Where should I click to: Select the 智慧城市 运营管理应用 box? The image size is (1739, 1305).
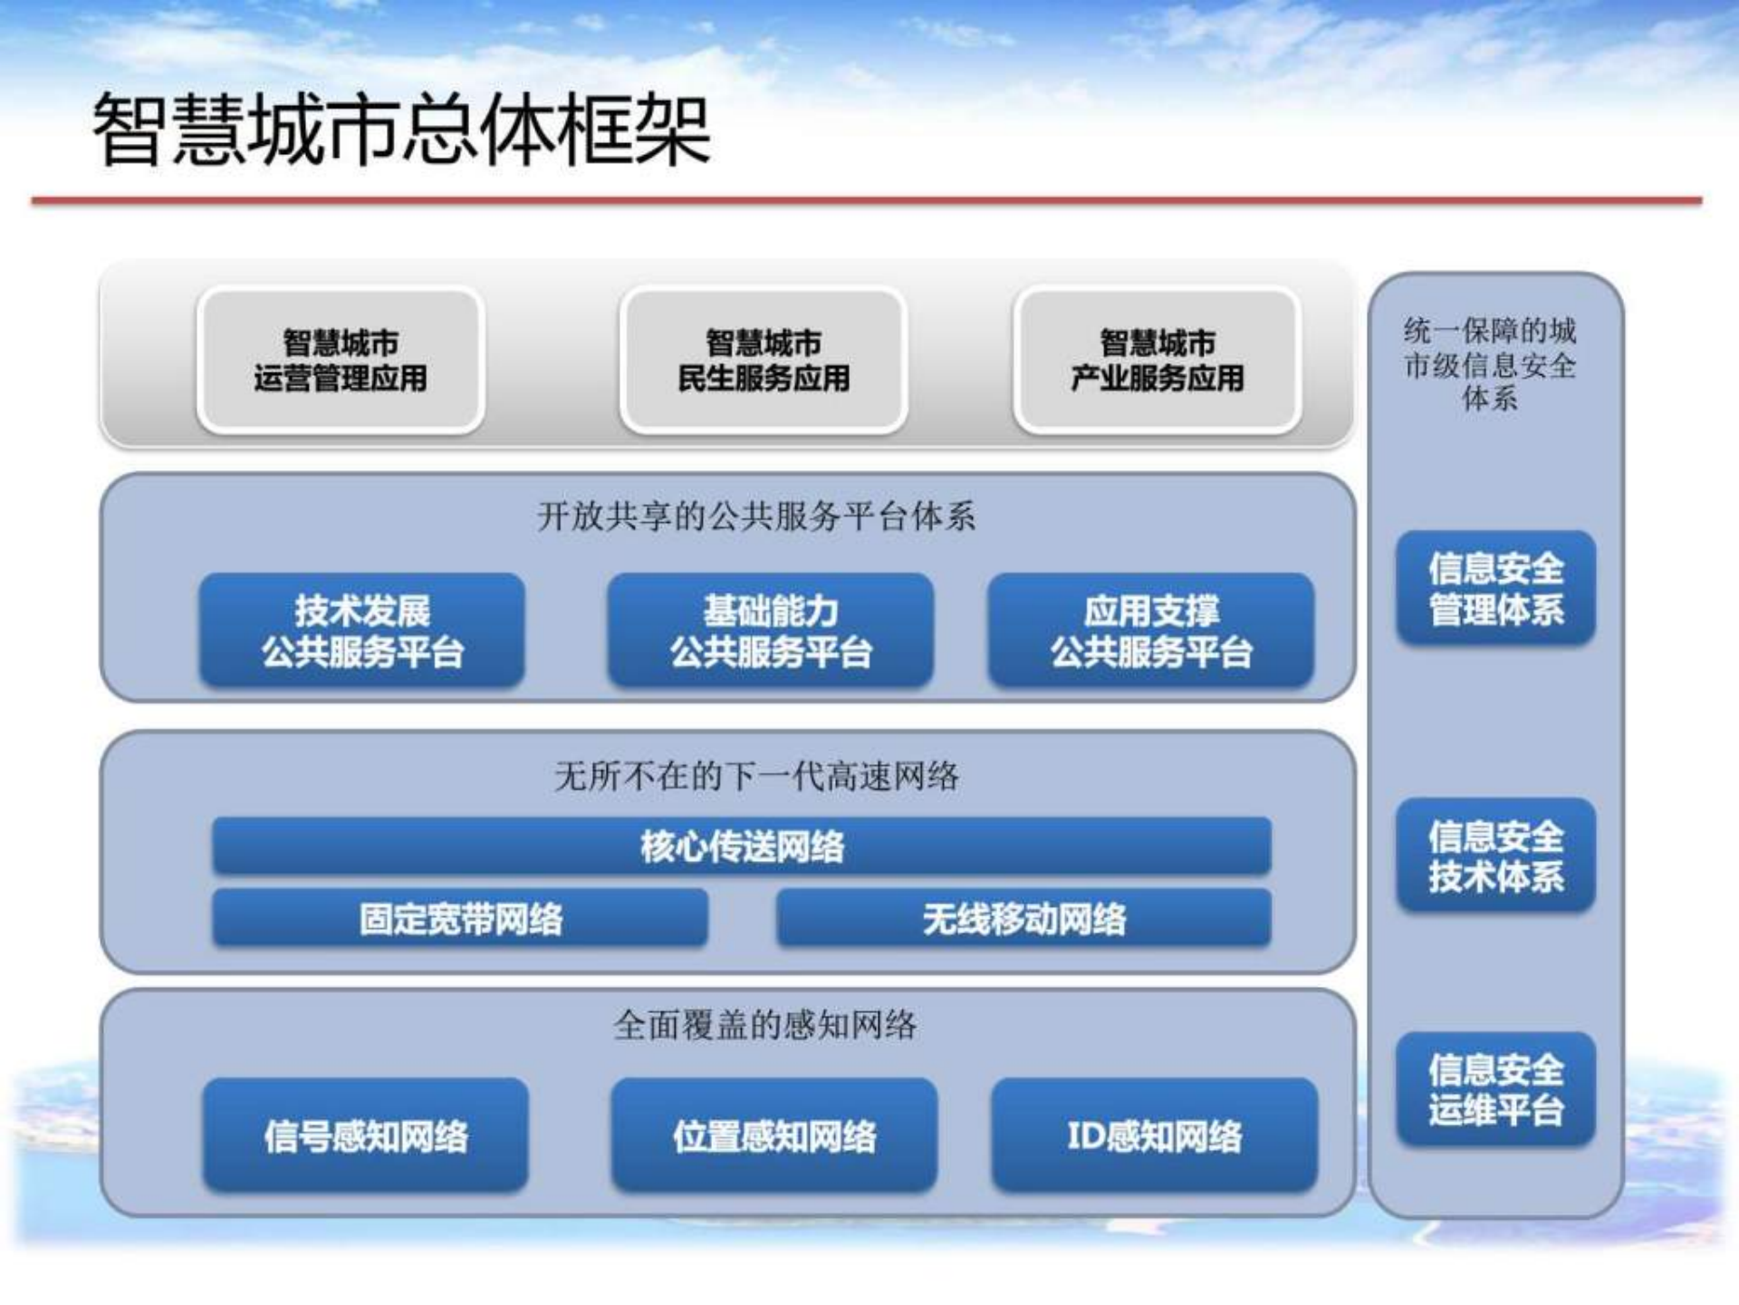(x=341, y=361)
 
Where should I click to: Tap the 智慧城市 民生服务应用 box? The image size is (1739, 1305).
(x=764, y=361)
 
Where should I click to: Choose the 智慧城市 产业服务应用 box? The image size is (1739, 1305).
(x=1158, y=361)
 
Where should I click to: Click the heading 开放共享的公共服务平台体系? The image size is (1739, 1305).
(x=755, y=517)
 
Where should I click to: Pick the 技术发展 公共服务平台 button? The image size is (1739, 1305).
(x=362, y=631)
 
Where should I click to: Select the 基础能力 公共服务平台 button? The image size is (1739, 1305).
(x=771, y=631)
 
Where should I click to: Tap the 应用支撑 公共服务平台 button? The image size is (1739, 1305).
(x=1151, y=631)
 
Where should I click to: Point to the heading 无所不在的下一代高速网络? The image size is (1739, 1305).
(x=755, y=776)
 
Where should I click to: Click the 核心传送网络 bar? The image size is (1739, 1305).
(x=742, y=846)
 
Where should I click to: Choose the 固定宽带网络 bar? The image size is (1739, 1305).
(x=460, y=919)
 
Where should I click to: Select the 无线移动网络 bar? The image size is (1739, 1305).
(x=1023, y=919)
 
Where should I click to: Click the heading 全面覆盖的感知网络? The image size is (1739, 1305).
(x=764, y=1025)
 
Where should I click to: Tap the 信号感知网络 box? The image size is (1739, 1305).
(x=366, y=1135)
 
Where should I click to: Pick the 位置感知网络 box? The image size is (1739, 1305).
(x=774, y=1135)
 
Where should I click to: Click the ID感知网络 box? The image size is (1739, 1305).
(x=1155, y=1135)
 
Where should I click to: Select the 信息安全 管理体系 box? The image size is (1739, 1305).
(x=1496, y=588)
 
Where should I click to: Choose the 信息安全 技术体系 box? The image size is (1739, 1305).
(x=1496, y=855)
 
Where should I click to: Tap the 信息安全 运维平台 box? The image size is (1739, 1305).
(x=1496, y=1089)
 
